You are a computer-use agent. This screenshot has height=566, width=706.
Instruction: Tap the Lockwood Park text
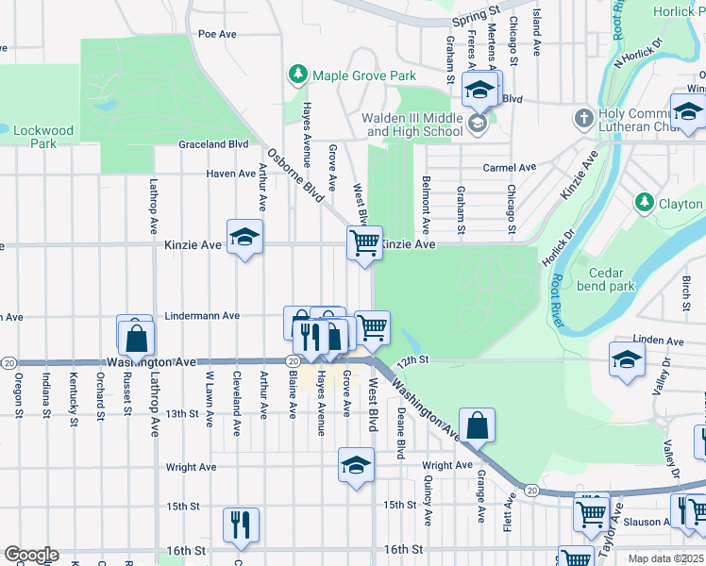tap(43, 138)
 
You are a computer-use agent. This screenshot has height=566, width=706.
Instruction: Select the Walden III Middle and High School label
tap(414, 125)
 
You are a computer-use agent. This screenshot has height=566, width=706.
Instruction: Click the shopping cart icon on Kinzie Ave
tap(364, 242)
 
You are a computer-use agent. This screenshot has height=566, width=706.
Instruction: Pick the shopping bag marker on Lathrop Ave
tap(137, 335)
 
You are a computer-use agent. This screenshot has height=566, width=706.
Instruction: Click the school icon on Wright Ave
tap(356, 465)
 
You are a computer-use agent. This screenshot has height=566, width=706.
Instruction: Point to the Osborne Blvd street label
tap(294, 175)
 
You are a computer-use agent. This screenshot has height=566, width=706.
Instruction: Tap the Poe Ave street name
tap(216, 33)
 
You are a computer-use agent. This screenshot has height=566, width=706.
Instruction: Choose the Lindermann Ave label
tap(203, 316)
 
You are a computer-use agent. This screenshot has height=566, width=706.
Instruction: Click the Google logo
tap(31, 555)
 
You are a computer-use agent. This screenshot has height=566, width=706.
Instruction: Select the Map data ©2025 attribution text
tap(665, 558)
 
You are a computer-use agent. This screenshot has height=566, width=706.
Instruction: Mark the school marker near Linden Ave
tap(627, 360)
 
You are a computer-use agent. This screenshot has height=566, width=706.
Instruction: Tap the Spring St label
tap(475, 18)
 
